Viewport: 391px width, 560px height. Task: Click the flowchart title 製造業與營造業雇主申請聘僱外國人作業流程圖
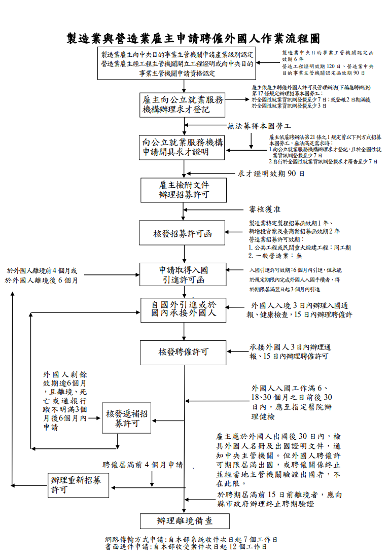click(x=193, y=39)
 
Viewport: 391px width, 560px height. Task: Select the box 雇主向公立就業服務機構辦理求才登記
click(x=182, y=105)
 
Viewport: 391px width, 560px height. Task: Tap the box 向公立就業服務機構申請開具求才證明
click(x=182, y=148)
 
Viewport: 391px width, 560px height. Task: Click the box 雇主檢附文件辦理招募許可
click(x=184, y=190)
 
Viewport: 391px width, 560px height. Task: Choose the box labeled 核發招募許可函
click(x=182, y=233)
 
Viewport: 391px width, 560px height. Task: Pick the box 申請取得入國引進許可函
click(x=183, y=274)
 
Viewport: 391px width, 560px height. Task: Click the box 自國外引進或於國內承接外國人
click(x=183, y=310)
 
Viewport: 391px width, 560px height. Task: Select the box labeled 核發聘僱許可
click(x=183, y=353)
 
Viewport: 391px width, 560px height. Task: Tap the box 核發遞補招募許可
click(x=126, y=418)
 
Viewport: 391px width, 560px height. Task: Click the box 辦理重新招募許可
click(x=78, y=485)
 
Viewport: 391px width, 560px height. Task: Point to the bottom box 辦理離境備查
click(x=185, y=521)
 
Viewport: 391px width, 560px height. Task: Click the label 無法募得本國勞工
click(x=259, y=126)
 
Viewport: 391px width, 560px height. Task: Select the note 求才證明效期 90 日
click(x=271, y=174)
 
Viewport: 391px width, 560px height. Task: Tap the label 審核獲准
click(x=265, y=209)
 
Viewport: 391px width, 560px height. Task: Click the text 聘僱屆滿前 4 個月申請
click(x=143, y=465)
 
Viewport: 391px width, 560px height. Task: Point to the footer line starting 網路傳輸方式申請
click(x=191, y=539)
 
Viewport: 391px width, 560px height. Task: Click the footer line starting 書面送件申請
click(x=186, y=547)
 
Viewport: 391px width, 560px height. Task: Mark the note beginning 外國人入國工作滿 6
click(x=292, y=402)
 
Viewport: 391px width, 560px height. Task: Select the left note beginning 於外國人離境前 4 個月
click(x=42, y=276)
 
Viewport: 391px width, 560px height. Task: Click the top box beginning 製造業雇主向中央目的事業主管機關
click(x=177, y=63)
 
